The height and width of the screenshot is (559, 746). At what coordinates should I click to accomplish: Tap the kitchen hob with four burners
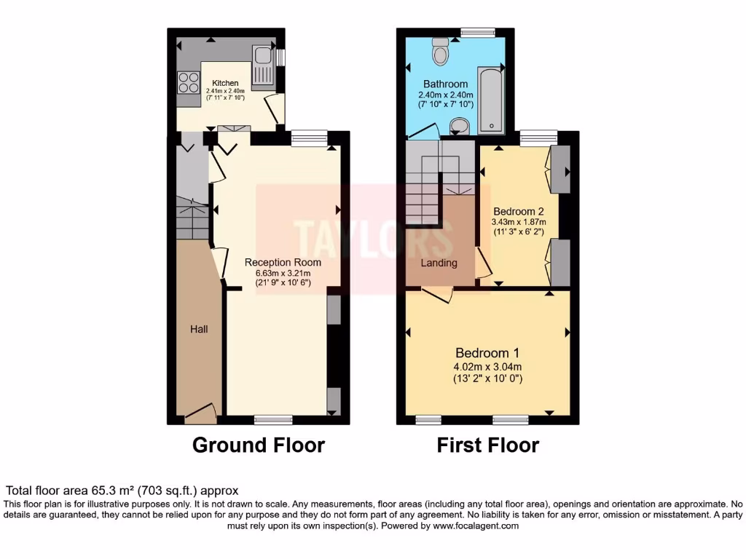click(x=188, y=82)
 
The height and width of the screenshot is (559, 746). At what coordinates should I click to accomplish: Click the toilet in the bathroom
click(x=441, y=50)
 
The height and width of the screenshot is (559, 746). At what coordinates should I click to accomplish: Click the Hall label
click(x=199, y=329)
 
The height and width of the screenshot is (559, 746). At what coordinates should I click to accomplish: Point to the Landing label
click(x=439, y=263)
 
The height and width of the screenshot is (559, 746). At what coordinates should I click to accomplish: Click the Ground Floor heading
click(x=258, y=445)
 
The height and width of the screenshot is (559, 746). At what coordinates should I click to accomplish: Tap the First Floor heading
click(x=487, y=445)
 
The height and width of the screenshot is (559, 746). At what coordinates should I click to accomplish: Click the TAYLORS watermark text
click(x=355, y=234)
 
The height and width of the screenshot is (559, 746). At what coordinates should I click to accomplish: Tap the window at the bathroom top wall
click(x=478, y=31)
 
